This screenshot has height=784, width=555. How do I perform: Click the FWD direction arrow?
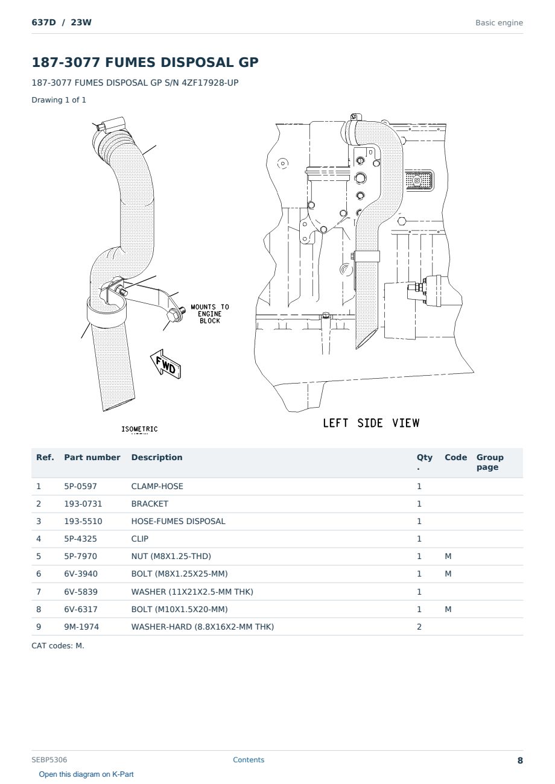pos(166,364)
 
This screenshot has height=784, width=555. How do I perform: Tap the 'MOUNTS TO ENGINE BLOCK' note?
pos(210,314)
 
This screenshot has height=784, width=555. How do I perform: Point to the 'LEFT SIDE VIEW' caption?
pos(371,423)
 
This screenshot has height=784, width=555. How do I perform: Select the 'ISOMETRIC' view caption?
pos(139,429)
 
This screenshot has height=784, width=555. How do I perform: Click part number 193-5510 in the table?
pos(83,521)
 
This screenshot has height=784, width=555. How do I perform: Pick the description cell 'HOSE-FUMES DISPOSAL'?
pos(178,521)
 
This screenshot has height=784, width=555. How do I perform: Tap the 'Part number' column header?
pos(92,458)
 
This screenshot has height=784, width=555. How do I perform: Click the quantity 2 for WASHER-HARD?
pos(419,627)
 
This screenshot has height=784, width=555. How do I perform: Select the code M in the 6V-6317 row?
pos(448,609)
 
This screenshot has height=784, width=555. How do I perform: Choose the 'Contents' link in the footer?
pos(249,760)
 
